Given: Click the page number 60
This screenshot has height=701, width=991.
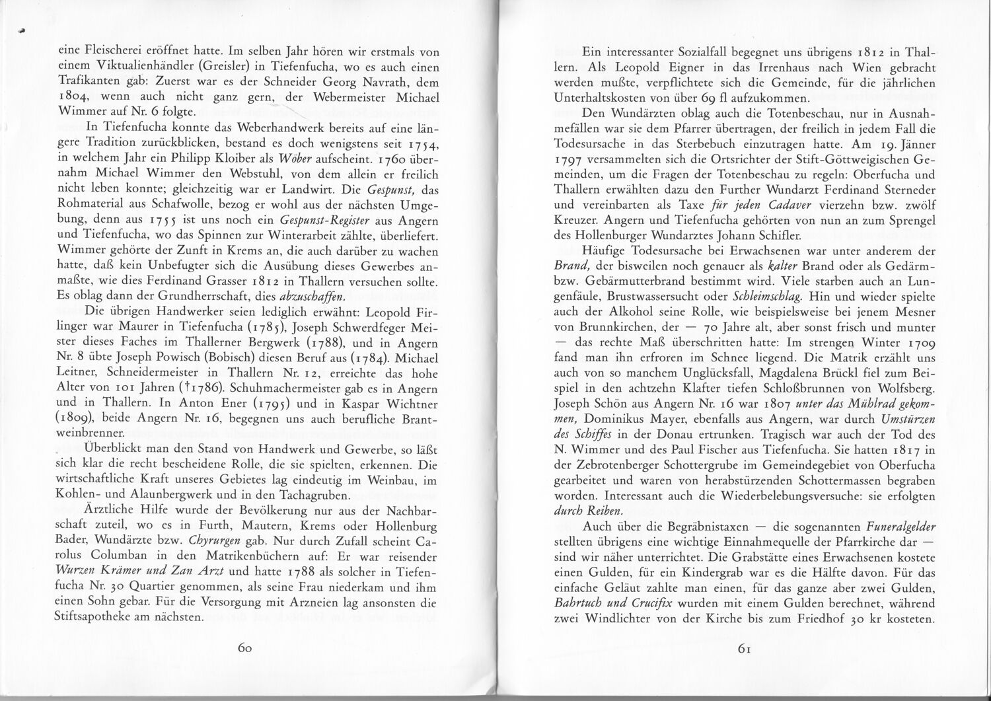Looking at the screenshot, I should (245, 648).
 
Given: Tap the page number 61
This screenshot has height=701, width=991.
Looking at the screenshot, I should (746, 648).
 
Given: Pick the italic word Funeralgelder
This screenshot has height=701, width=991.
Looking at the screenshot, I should (896, 527).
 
